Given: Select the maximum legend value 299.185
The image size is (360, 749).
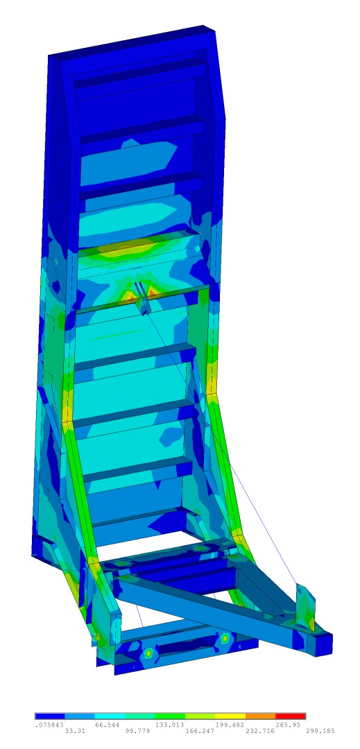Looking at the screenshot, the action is tap(320, 731).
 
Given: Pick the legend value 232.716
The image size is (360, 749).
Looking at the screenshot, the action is tap(259, 731).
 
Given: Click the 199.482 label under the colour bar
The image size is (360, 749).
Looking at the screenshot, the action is tap(229, 725).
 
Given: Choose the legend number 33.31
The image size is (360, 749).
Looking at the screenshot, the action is tap(76, 731).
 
